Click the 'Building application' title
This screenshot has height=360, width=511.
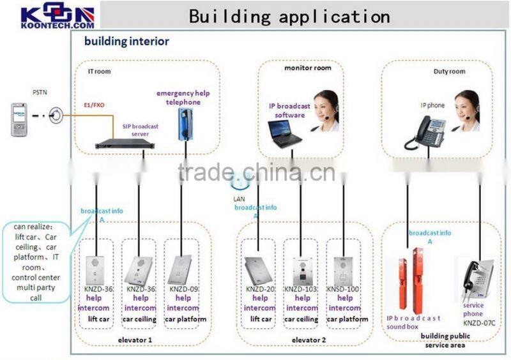tap(289, 15)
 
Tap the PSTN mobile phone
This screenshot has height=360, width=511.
tap(21, 119)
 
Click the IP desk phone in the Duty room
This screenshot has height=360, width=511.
tap(425, 132)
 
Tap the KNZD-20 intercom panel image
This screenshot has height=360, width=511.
tap(259, 270)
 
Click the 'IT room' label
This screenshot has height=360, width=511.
tap(99, 71)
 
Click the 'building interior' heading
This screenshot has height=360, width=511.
tap(127, 42)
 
